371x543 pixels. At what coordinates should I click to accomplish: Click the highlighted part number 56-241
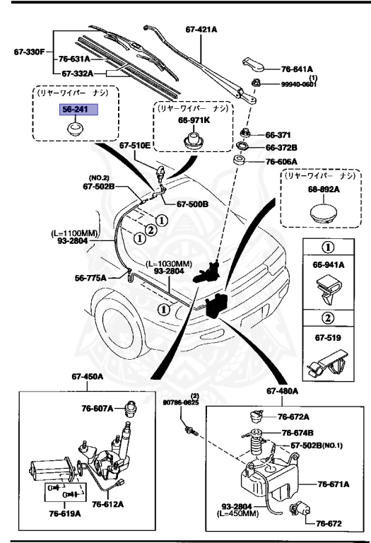pos(78,110)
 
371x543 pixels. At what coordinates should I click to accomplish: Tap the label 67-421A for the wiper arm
pos(201,30)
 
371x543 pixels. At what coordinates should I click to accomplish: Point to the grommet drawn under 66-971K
pos(193,139)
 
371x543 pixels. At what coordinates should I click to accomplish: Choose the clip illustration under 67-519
pos(327,363)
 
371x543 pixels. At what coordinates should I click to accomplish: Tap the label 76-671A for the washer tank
pos(334,484)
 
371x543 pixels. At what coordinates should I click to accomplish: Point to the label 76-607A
pos(98,409)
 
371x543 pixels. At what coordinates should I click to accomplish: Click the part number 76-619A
pos(65,513)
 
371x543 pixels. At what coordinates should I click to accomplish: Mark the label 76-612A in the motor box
pos(107,504)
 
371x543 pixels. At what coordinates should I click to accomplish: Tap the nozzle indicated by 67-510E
pos(162,172)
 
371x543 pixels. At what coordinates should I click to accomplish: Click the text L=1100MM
pos(74,233)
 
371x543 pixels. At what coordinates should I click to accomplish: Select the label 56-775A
pos(90,278)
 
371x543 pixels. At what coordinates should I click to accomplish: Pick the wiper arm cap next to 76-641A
pos(253,64)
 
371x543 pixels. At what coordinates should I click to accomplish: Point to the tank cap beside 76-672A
pos(257,416)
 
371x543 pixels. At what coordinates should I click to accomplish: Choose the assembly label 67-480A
pos(282,391)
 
